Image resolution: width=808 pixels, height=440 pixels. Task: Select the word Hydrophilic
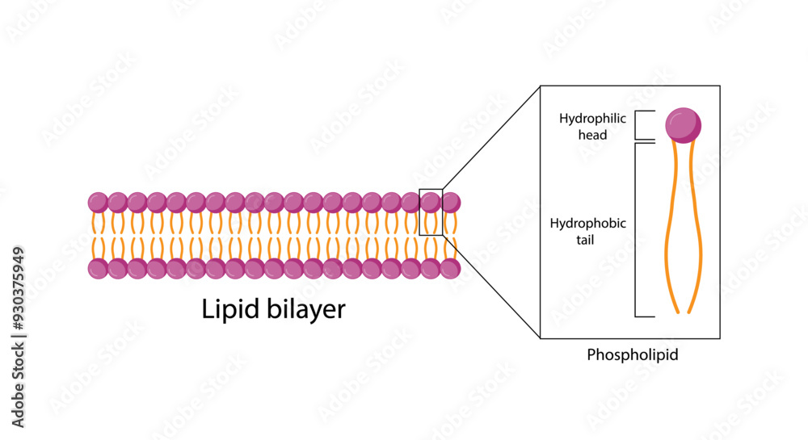pyautogui.click(x=592, y=119)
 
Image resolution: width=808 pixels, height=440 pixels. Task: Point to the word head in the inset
pyautogui.click(x=592, y=135)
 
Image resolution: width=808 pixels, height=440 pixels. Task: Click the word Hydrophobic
pyautogui.click(x=587, y=223)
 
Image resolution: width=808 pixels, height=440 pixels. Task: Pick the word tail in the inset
pyautogui.click(x=587, y=239)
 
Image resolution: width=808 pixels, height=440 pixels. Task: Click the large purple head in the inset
pyautogui.click(x=683, y=125)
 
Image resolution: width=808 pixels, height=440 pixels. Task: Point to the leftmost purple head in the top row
pyautogui.click(x=98, y=202)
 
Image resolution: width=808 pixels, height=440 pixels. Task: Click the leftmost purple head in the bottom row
pyautogui.click(x=98, y=268)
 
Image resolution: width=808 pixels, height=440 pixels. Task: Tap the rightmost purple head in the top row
pyautogui.click(x=450, y=202)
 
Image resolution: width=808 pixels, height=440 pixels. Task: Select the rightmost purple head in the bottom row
pyautogui.click(x=450, y=268)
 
